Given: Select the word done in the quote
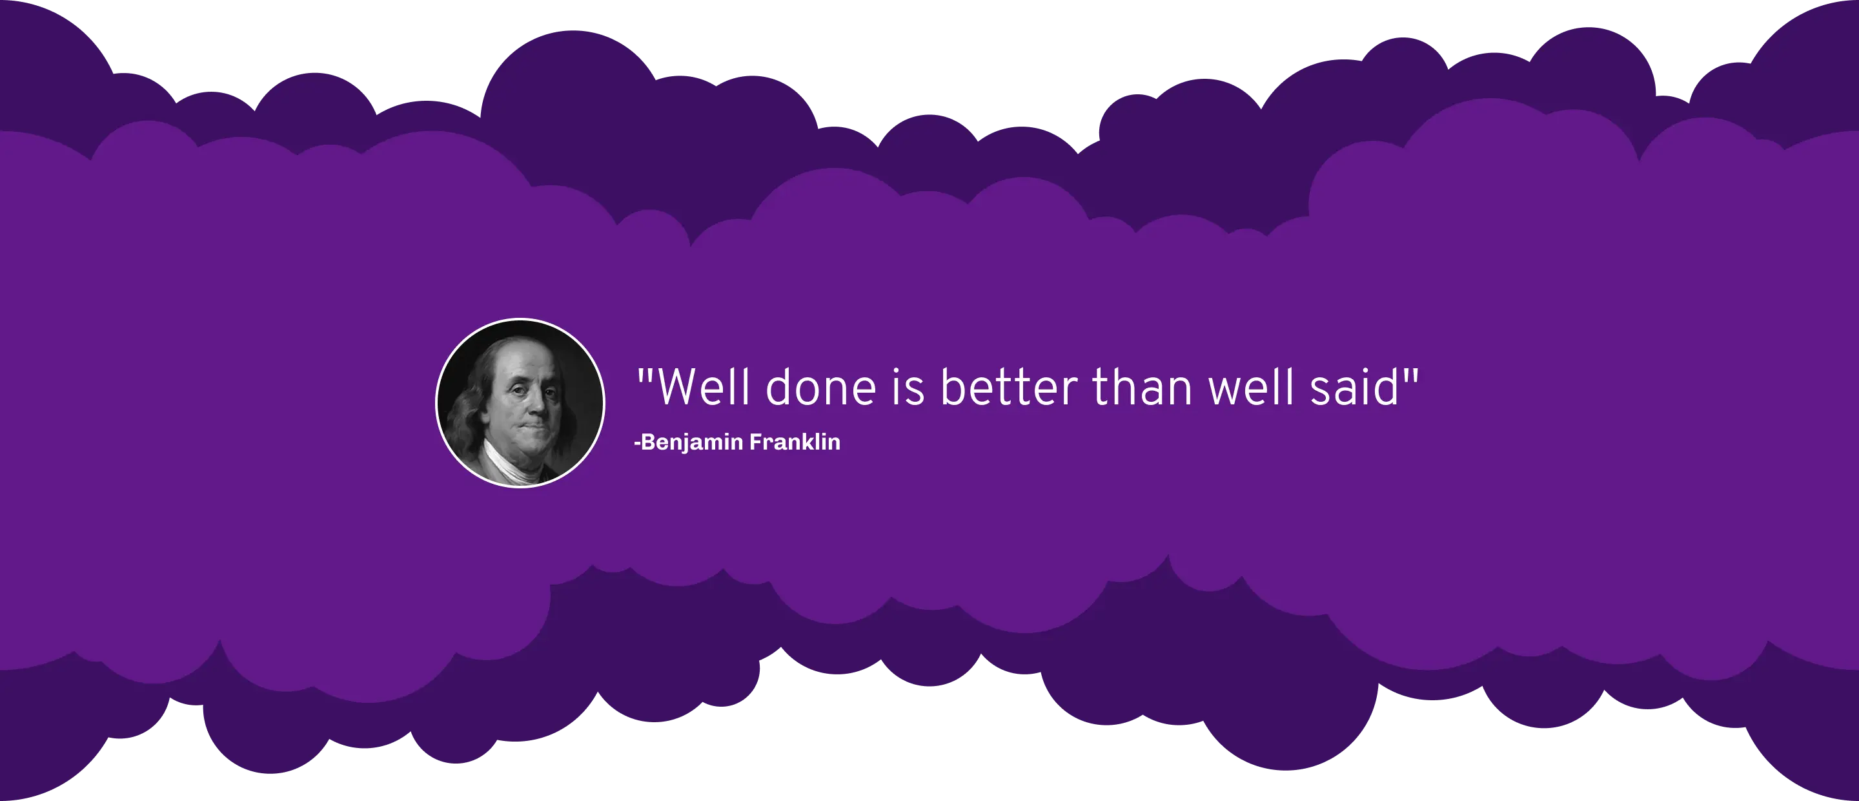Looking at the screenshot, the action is [820, 387].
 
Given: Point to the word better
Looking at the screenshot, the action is [1009, 387].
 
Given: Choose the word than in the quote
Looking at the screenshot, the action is [1143, 387].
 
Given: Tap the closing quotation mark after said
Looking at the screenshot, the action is [1411, 377].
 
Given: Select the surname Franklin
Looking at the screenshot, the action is [795, 441].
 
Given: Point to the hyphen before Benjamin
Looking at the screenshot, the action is [636, 442].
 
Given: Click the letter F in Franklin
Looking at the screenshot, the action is [757, 441].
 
